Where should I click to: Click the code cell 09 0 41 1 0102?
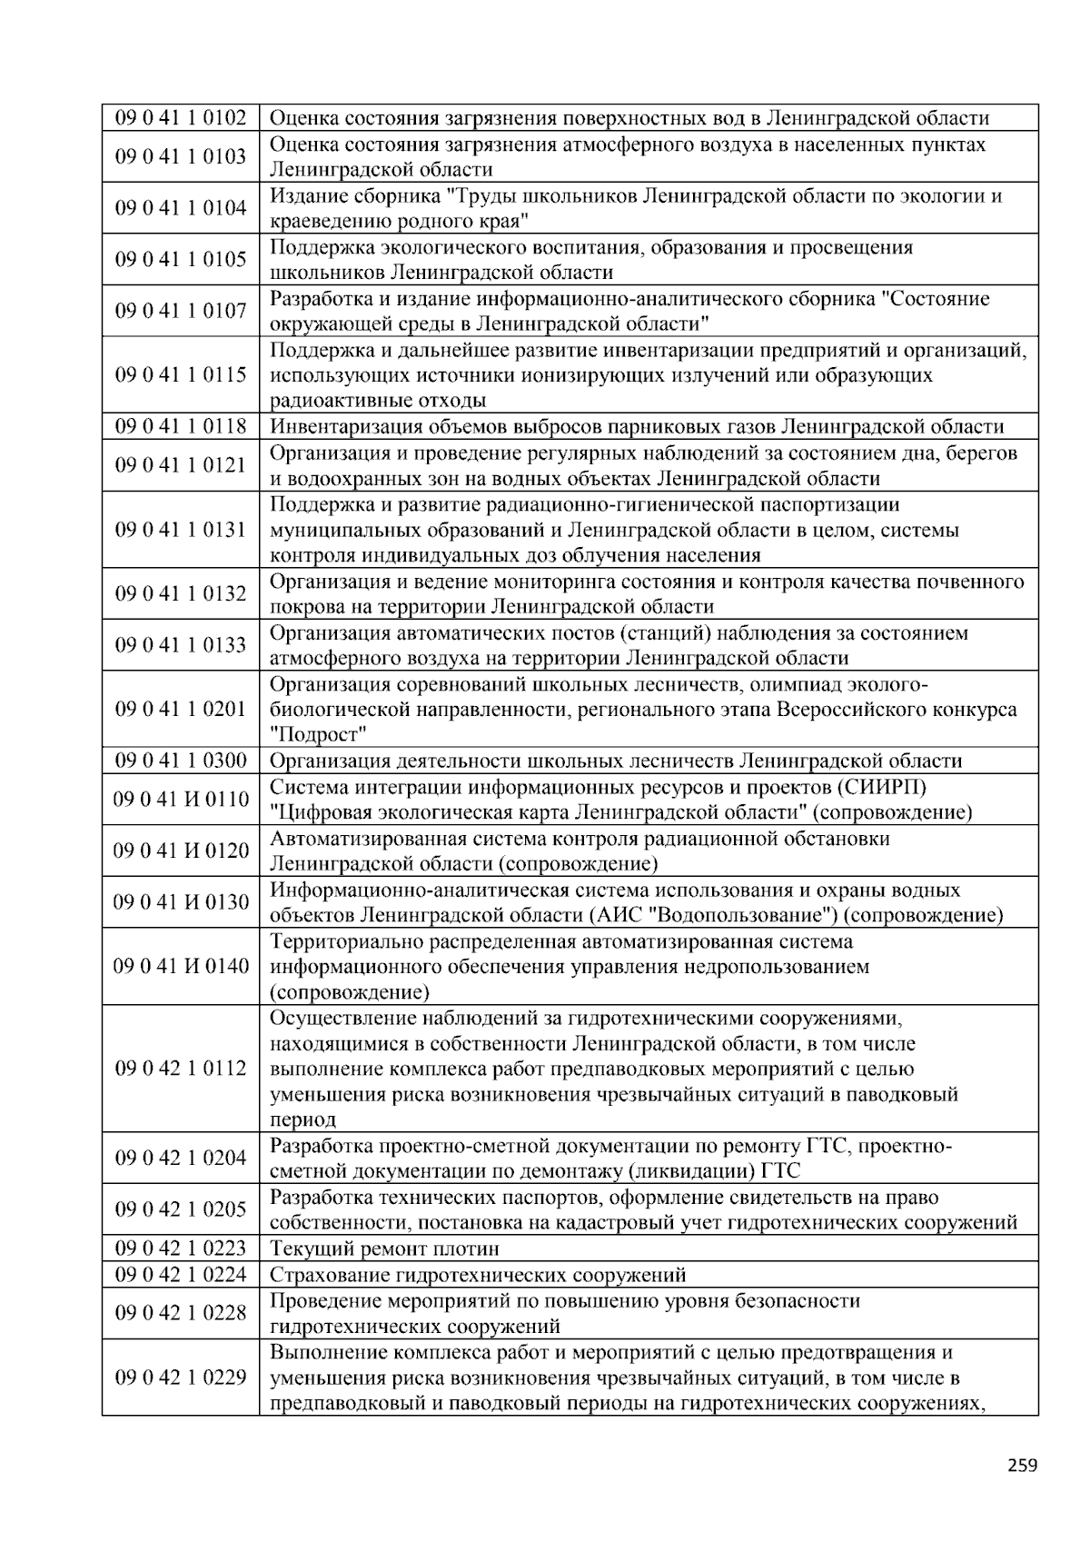(180, 118)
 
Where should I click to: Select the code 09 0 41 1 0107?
(180, 312)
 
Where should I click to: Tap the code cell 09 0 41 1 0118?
(180, 427)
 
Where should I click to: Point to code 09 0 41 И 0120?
(180, 851)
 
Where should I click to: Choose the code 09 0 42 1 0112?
(180, 1069)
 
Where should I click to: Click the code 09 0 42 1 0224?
(180, 1275)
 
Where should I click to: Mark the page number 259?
(1022, 1465)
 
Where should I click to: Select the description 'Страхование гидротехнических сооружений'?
(478, 1275)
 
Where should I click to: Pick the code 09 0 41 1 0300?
(180, 761)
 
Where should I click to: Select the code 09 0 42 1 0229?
(180, 1378)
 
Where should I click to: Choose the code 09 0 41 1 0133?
(180, 645)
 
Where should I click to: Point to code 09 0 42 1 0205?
(180, 1209)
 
